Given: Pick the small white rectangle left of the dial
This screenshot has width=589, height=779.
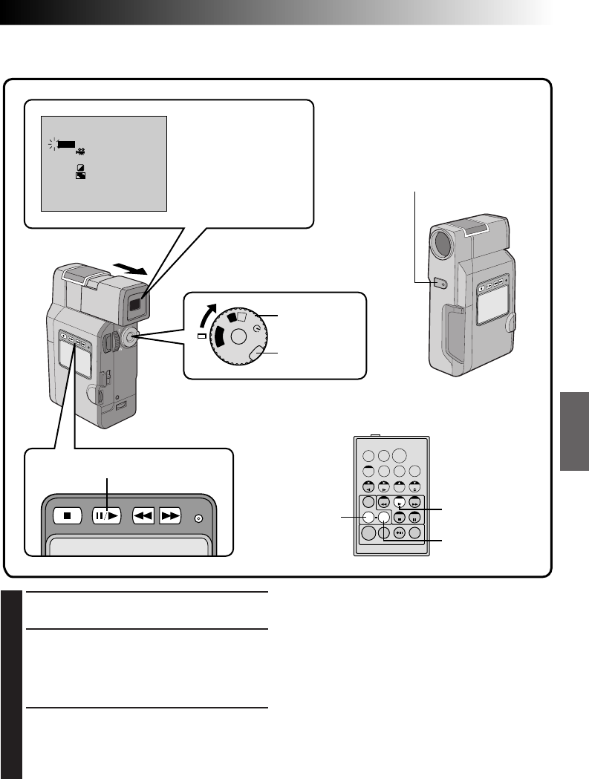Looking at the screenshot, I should click(x=201, y=336).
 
